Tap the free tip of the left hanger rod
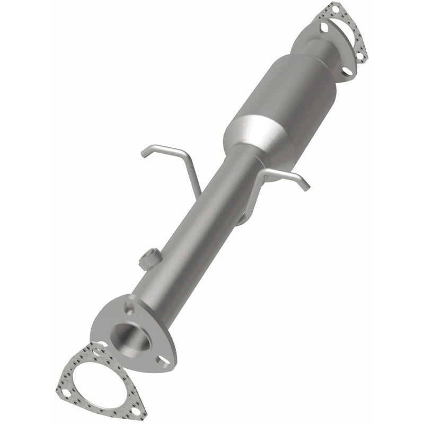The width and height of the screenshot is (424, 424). (143, 154)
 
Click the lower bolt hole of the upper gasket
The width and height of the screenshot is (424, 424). (363, 54)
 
